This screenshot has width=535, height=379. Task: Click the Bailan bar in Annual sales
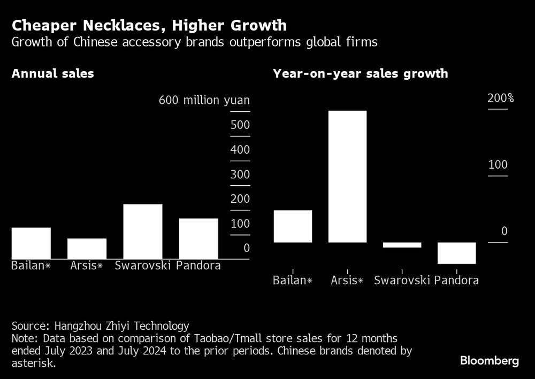(31, 243)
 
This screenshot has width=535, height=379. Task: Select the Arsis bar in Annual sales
(87, 248)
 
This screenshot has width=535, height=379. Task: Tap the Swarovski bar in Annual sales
(142, 231)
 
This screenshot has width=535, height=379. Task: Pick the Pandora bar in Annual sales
(198, 238)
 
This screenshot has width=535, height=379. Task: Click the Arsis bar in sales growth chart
(347, 177)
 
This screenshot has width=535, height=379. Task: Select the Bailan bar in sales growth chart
(292, 226)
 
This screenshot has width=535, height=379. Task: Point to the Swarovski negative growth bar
(402, 245)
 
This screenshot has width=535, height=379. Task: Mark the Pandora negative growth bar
(456, 253)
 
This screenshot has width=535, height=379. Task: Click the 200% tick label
(500, 98)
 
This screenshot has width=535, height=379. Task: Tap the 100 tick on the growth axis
(498, 165)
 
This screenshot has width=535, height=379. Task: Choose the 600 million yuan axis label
(204, 101)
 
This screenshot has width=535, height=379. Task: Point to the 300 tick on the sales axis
(240, 175)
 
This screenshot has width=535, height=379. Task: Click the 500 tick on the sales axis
(240, 125)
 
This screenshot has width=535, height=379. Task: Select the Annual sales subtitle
(52, 74)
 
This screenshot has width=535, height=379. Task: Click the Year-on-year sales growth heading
(360, 74)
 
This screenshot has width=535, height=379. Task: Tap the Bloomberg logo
(489, 361)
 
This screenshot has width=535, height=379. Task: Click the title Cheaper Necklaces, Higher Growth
(149, 25)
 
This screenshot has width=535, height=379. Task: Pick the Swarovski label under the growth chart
(402, 280)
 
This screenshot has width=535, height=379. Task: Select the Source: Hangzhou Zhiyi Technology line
(100, 325)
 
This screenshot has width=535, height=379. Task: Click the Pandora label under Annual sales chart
(198, 266)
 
